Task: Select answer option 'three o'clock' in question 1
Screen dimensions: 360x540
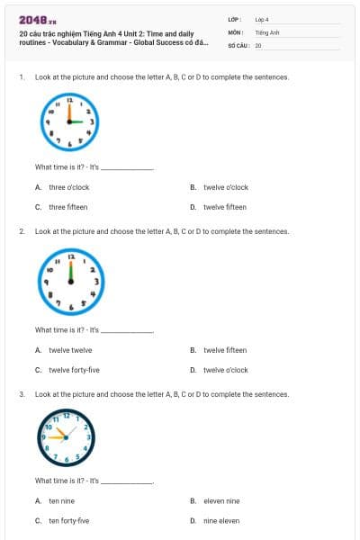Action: tap(68, 187)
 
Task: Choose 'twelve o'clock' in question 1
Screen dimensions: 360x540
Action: tap(225, 187)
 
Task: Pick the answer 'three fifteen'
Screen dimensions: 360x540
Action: tap(67, 207)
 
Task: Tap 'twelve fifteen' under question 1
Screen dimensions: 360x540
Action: tap(224, 207)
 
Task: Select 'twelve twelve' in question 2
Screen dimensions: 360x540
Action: tap(69, 350)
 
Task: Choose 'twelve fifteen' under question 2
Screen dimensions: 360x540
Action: tap(224, 350)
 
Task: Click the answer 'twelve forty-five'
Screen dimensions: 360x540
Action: tap(74, 370)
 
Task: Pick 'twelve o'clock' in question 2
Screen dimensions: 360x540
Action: tap(225, 370)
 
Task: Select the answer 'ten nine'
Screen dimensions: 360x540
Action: tap(61, 500)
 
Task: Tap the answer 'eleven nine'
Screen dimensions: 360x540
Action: tap(221, 500)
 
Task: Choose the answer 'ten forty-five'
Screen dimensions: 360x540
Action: tap(68, 520)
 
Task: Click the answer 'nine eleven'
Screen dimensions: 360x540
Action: tap(221, 520)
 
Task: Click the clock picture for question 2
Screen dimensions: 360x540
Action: tap(69, 280)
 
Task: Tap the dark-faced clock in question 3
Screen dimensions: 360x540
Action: tap(65, 436)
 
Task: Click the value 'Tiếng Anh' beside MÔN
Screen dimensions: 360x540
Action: tap(267, 31)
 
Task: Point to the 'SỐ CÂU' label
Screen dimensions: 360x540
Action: tap(237, 44)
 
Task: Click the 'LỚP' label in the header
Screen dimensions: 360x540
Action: tap(234, 19)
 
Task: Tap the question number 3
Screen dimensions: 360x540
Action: tap(21, 394)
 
